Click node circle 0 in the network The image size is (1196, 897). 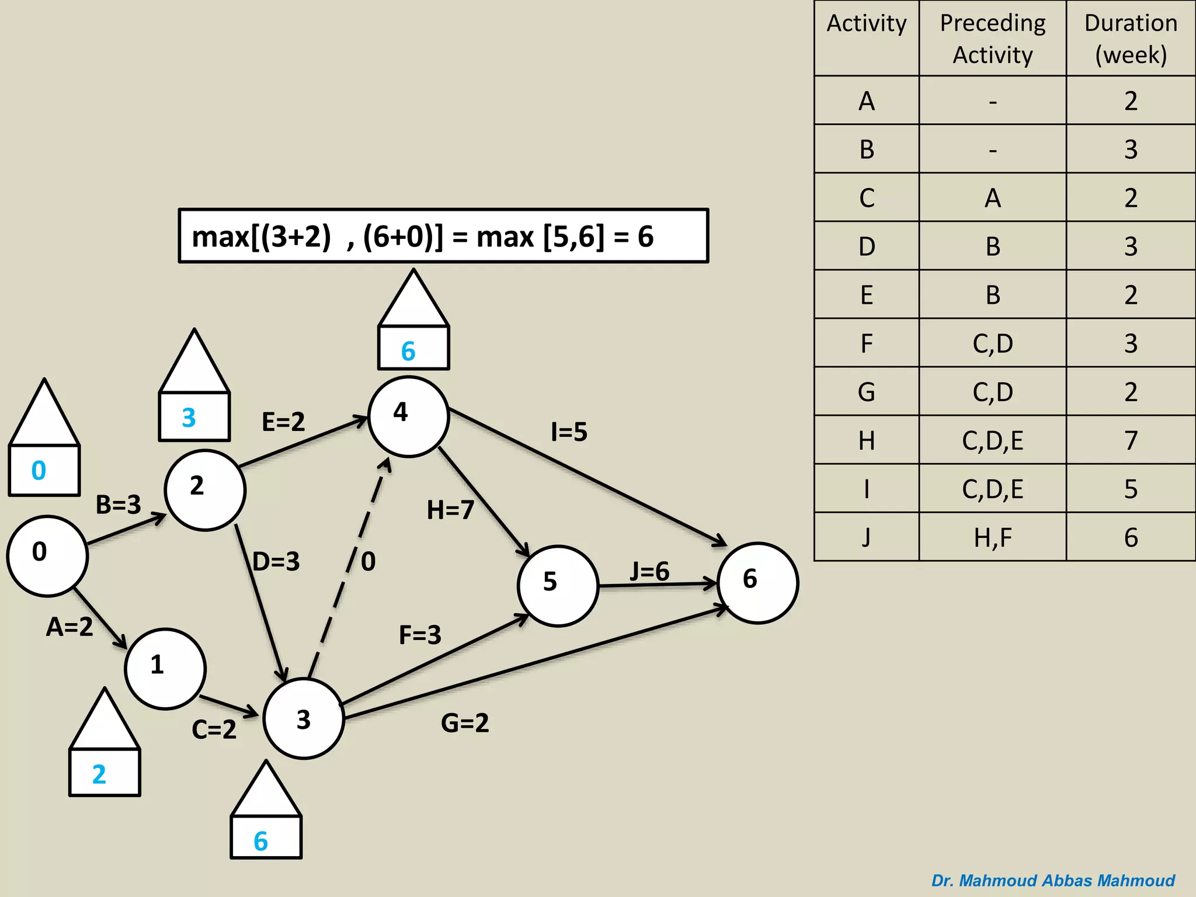47,556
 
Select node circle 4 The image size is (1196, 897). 408,416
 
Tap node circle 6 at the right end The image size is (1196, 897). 757,583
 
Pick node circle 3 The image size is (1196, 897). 303,718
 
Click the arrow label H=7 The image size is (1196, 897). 450,510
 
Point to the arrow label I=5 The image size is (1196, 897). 569,433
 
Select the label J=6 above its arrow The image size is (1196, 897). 649,571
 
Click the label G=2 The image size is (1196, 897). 465,723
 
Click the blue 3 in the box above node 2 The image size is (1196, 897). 189,418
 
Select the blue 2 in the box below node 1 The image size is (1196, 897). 99,774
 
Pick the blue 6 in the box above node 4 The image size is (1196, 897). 408,352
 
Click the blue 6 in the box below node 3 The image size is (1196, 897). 260,842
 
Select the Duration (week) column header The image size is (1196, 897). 1131,39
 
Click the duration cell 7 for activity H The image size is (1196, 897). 1131,440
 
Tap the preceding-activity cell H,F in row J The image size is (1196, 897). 993,537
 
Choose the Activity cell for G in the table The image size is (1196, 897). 867,392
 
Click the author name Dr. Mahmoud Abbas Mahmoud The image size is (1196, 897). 1053,880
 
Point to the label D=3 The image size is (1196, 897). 276,562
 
